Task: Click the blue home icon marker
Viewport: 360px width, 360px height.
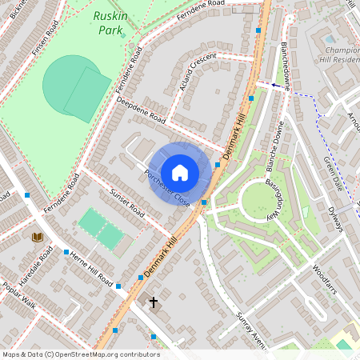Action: [x=180, y=172]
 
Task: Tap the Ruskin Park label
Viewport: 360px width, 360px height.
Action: [x=110, y=22]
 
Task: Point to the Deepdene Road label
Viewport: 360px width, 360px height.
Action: [x=140, y=112]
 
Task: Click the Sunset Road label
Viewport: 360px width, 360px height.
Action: [x=126, y=204]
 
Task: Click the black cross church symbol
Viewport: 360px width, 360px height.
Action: [x=153, y=303]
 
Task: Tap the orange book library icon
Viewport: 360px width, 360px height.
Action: [x=37, y=237]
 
